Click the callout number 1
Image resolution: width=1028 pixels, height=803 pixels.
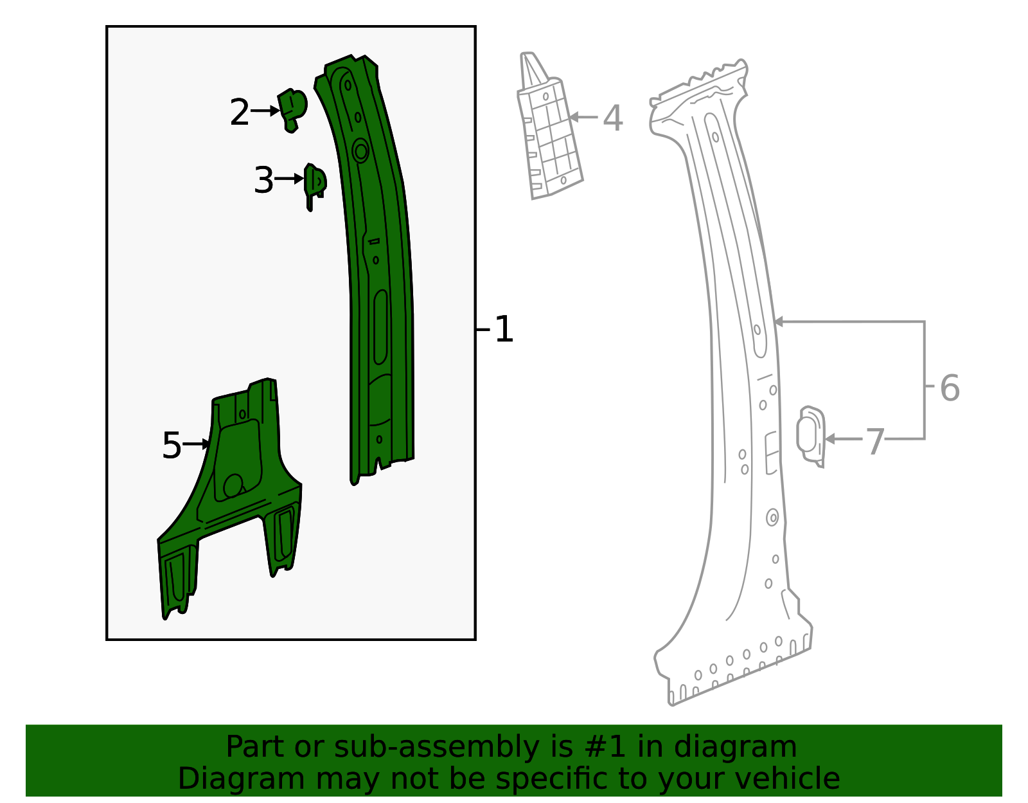click(x=503, y=329)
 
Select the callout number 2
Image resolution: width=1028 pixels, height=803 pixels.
click(x=240, y=112)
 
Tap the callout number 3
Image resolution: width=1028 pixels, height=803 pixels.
click(x=263, y=180)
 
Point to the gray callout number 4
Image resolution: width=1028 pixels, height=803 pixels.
click(x=613, y=118)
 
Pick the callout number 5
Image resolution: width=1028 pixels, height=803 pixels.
click(x=172, y=445)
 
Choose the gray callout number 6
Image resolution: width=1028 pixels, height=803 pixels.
click(x=950, y=388)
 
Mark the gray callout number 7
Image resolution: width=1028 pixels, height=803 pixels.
click(x=874, y=442)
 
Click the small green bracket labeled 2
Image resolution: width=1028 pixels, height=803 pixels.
click(x=292, y=110)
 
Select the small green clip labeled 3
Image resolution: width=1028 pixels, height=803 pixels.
click(x=314, y=186)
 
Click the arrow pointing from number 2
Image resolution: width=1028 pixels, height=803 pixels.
click(x=265, y=111)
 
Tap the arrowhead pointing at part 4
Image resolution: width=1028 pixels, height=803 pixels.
click(x=573, y=117)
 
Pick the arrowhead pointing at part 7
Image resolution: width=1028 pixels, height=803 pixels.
click(x=829, y=439)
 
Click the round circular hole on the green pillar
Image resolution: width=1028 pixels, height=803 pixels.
click(x=361, y=152)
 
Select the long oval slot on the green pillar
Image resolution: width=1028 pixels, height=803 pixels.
click(x=380, y=327)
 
